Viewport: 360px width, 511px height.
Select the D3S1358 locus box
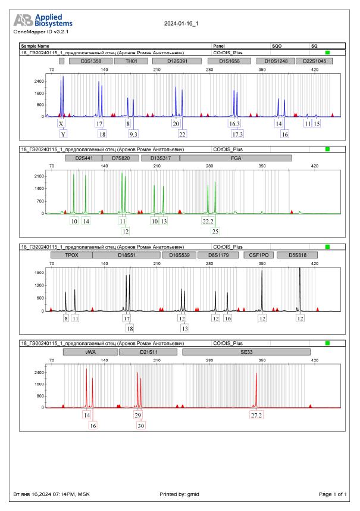point(89,61)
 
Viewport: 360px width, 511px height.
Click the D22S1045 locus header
point(314,61)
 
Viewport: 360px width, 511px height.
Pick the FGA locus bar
point(236,158)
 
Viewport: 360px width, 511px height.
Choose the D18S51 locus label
point(127,254)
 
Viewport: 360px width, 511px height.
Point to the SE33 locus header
point(246,352)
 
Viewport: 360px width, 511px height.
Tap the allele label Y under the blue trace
point(63,134)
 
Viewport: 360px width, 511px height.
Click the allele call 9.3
point(133,134)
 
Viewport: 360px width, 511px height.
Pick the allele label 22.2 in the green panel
point(208,221)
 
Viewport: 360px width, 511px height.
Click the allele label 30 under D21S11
point(141,425)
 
